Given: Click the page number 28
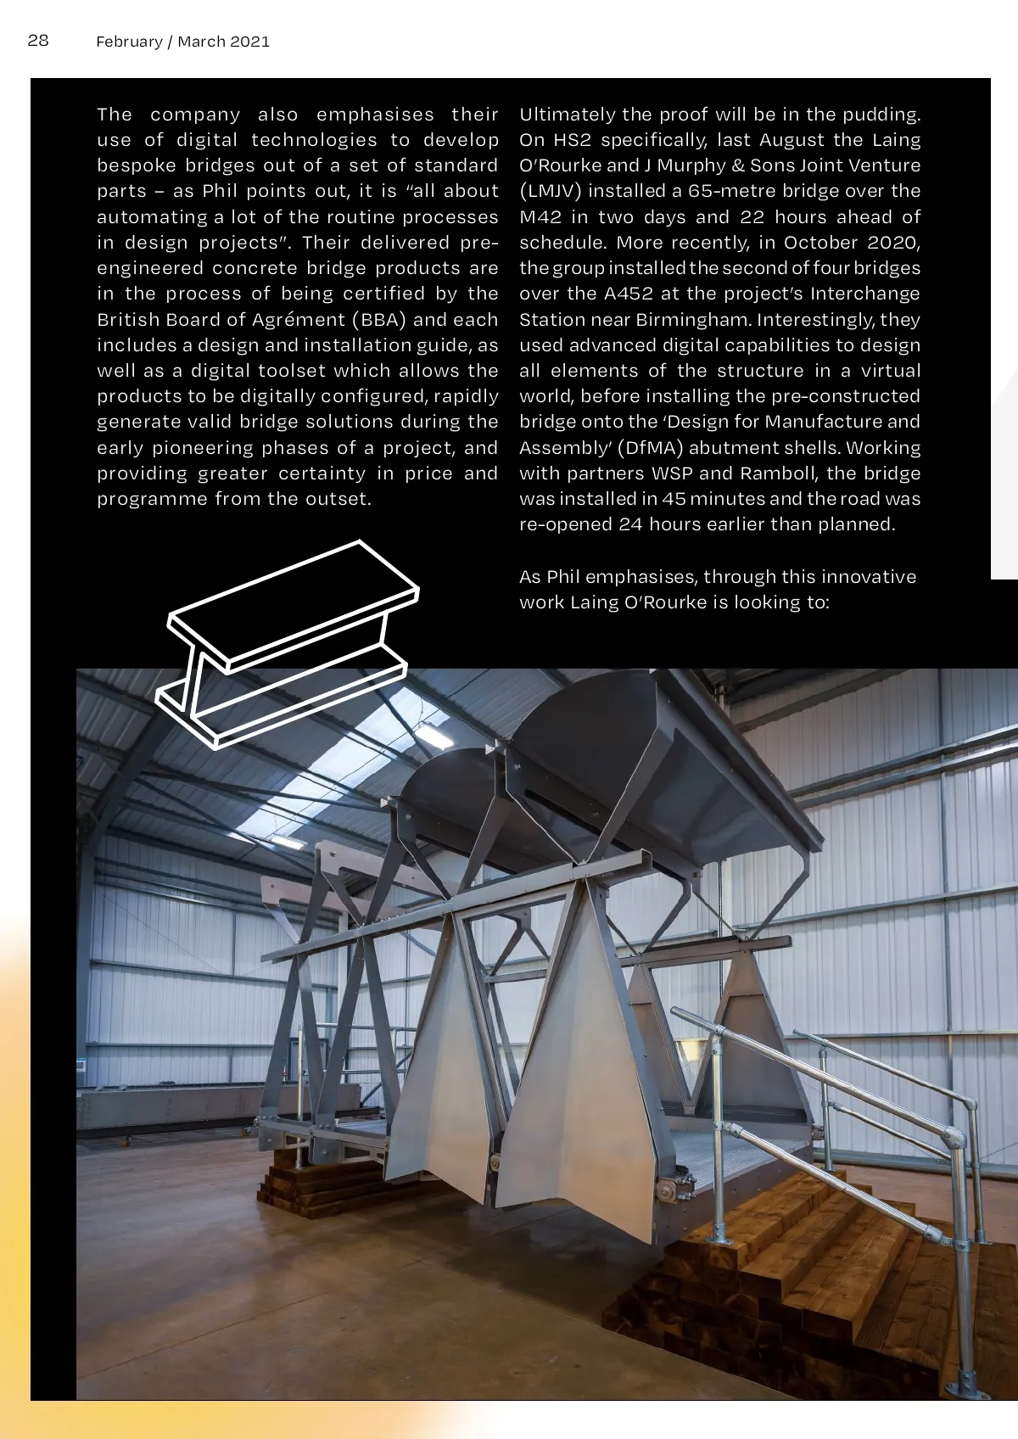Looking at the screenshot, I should pyautogui.click(x=38, y=41).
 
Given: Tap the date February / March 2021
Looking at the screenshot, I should pyautogui.click(x=182, y=42).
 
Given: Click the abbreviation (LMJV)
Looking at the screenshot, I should pyautogui.click(x=551, y=192).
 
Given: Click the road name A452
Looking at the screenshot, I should pyautogui.click(x=620, y=294).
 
